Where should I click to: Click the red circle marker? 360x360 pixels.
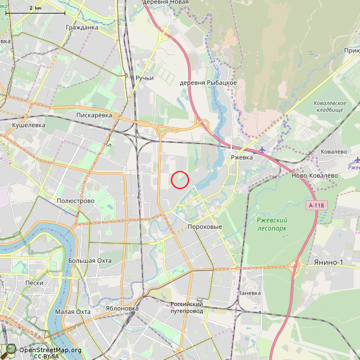(x=179, y=179)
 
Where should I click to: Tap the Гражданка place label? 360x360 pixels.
(x=82, y=27)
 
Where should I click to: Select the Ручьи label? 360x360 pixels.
(x=145, y=78)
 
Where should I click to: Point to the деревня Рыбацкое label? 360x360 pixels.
(x=208, y=83)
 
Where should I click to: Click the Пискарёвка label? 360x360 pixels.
(x=94, y=115)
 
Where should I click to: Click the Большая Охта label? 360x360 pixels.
(x=90, y=260)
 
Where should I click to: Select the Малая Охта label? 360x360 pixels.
(x=73, y=312)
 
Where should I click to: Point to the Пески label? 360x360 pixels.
(x=34, y=283)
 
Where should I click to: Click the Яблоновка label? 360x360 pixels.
(x=122, y=308)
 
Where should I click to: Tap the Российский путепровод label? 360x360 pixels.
(x=186, y=307)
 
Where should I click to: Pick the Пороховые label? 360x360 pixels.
(x=204, y=227)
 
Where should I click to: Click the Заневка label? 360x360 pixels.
(x=249, y=293)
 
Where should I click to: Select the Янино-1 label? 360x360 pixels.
(x=329, y=262)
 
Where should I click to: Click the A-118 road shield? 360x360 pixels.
(x=317, y=206)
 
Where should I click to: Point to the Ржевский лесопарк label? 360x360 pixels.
(x=272, y=224)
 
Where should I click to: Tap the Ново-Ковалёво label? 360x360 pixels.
(x=314, y=175)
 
